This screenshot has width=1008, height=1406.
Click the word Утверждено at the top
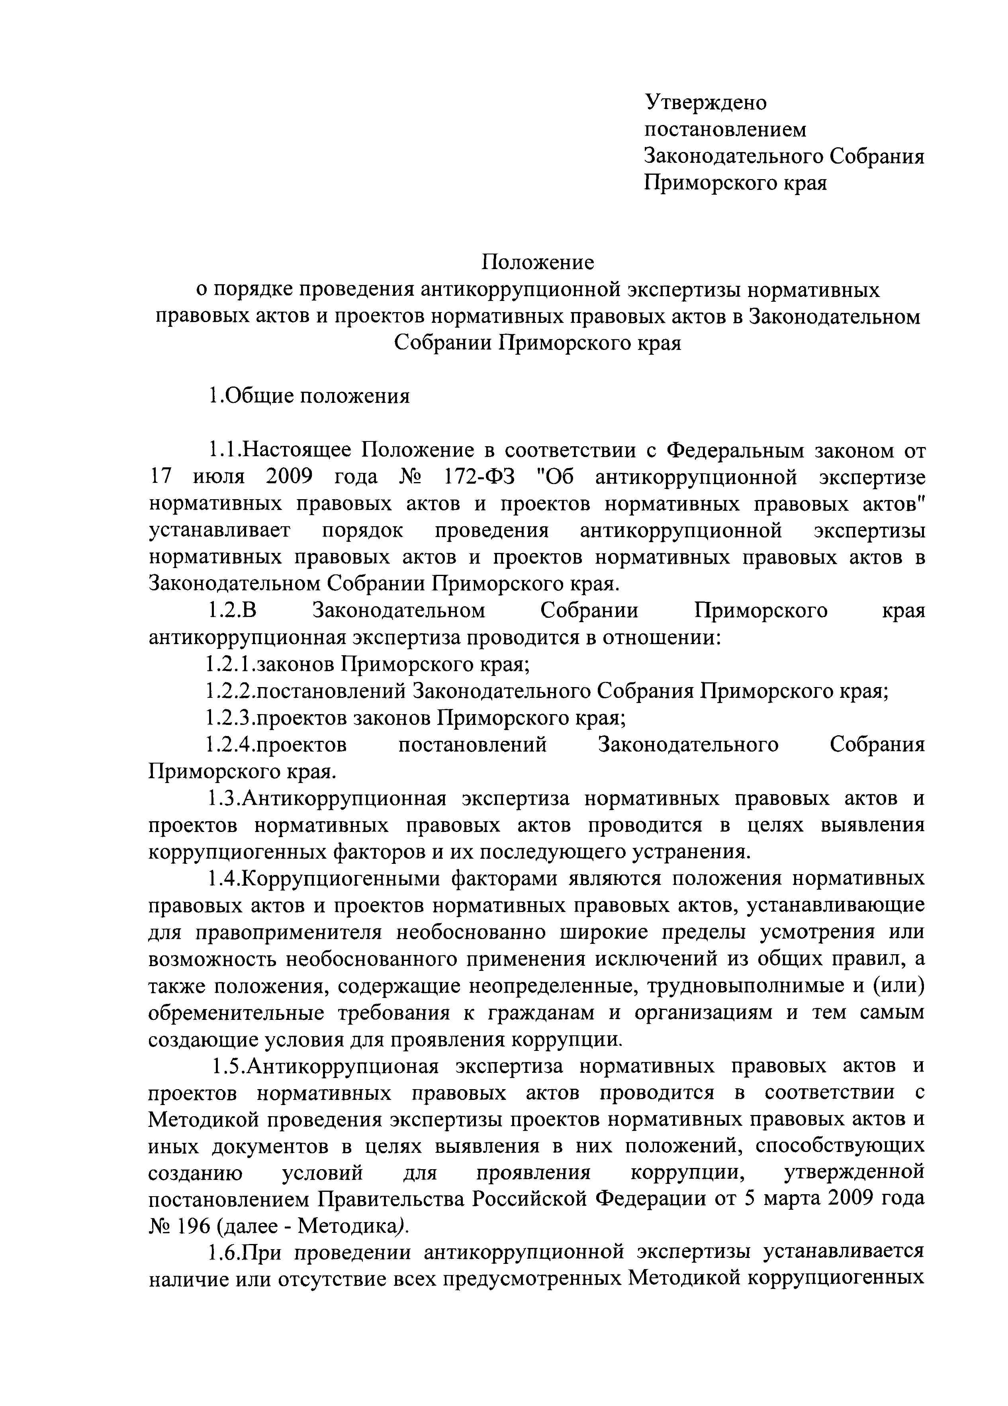[x=705, y=102]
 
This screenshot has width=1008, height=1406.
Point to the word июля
[x=219, y=477]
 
